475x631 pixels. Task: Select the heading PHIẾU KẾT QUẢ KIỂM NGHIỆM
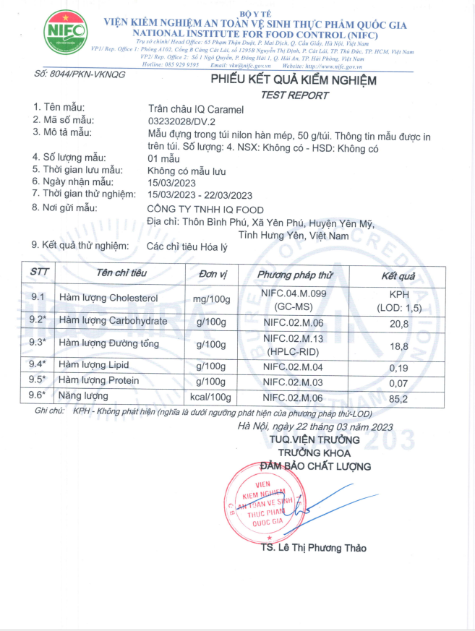point(293,80)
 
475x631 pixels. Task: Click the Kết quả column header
point(398,276)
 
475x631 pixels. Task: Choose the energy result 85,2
point(398,397)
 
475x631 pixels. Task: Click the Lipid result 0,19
point(398,366)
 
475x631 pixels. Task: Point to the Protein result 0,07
point(398,382)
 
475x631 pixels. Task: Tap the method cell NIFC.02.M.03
point(294,382)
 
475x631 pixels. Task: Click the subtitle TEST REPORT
point(294,95)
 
